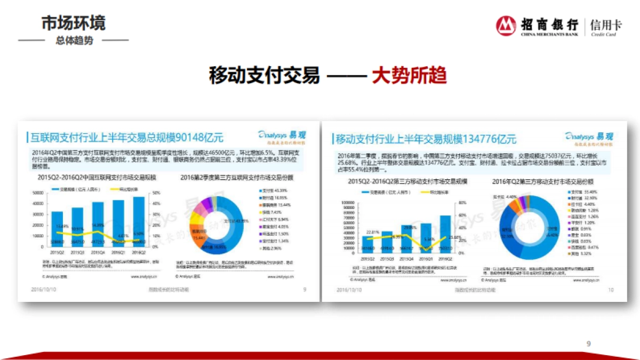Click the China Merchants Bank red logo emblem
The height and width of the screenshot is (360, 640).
pos(506,26)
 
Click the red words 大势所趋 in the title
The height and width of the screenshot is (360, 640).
pos(409,76)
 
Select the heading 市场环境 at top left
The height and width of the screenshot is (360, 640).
pos(74,23)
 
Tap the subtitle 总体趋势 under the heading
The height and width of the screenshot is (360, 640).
pos(74,41)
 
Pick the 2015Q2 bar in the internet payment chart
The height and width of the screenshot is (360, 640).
pos(57,229)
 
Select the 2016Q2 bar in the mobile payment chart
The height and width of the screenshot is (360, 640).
pos(445,234)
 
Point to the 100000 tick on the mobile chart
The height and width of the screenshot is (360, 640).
pos(347,203)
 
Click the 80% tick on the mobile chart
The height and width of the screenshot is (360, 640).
pos(463,203)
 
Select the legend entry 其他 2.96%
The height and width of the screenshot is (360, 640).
pos(271,248)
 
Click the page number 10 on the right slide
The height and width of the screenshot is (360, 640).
pos(611,290)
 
